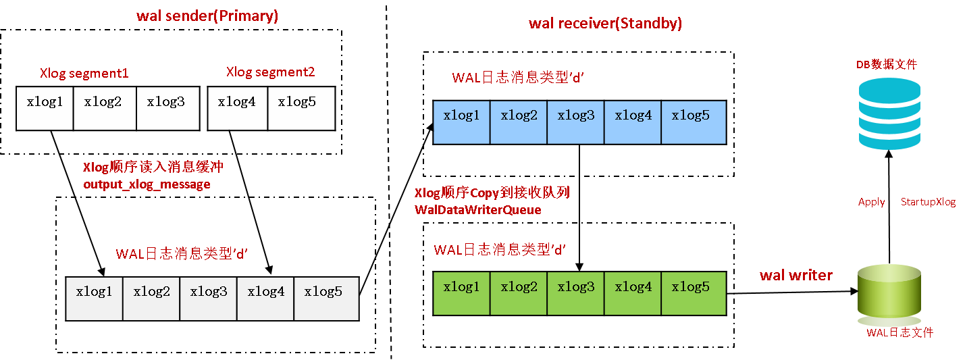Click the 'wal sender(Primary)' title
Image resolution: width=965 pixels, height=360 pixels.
(207, 16)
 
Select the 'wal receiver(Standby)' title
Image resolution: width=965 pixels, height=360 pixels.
(605, 24)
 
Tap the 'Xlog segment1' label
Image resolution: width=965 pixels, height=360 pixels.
(84, 74)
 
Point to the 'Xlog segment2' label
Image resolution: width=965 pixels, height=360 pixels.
(270, 72)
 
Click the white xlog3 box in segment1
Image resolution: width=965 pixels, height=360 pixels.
(167, 108)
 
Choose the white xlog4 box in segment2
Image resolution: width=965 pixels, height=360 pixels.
(238, 108)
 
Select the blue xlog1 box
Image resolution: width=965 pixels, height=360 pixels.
(461, 122)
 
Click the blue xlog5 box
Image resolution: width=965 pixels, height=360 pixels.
(693, 122)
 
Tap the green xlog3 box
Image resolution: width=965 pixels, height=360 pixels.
(575, 293)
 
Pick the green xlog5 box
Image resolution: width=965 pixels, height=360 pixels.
(693, 293)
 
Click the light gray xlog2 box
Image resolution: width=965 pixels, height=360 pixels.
(151, 299)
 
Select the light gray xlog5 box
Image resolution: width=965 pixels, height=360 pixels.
(325, 299)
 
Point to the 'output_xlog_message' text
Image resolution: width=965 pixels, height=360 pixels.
(147, 184)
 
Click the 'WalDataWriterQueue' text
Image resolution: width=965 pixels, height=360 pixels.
(477, 210)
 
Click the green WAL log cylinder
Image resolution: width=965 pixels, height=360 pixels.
(889, 294)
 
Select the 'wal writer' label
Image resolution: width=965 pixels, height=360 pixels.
(796, 275)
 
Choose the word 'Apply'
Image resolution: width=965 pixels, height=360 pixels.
(871, 202)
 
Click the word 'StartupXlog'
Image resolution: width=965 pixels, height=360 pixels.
(928, 202)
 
